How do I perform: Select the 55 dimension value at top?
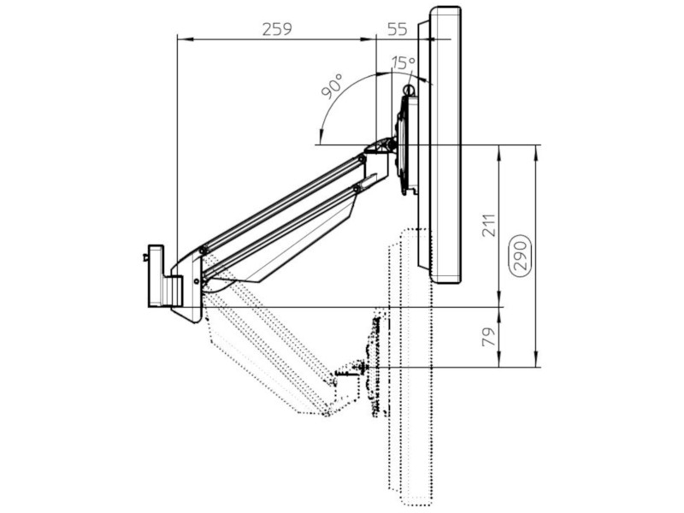(x=397, y=28)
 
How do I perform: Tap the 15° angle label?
(x=403, y=62)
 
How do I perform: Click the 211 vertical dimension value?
(x=488, y=224)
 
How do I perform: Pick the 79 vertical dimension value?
(x=488, y=336)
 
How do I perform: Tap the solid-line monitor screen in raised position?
(x=445, y=145)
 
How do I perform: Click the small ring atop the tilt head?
(x=409, y=87)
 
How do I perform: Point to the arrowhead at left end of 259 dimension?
(x=180, y=38)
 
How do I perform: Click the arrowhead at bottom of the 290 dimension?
(x=536, y=363)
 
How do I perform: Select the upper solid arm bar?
(x=282, y=201)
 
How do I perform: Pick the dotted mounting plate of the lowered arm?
(x=374, y=368)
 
